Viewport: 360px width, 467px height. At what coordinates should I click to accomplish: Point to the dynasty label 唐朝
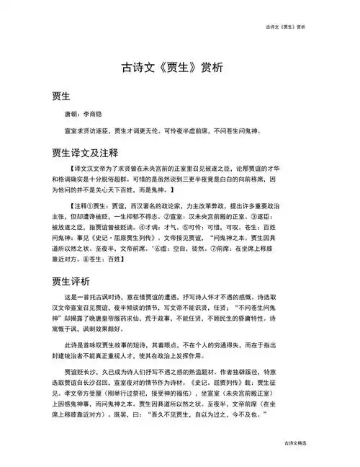[73, 115]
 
